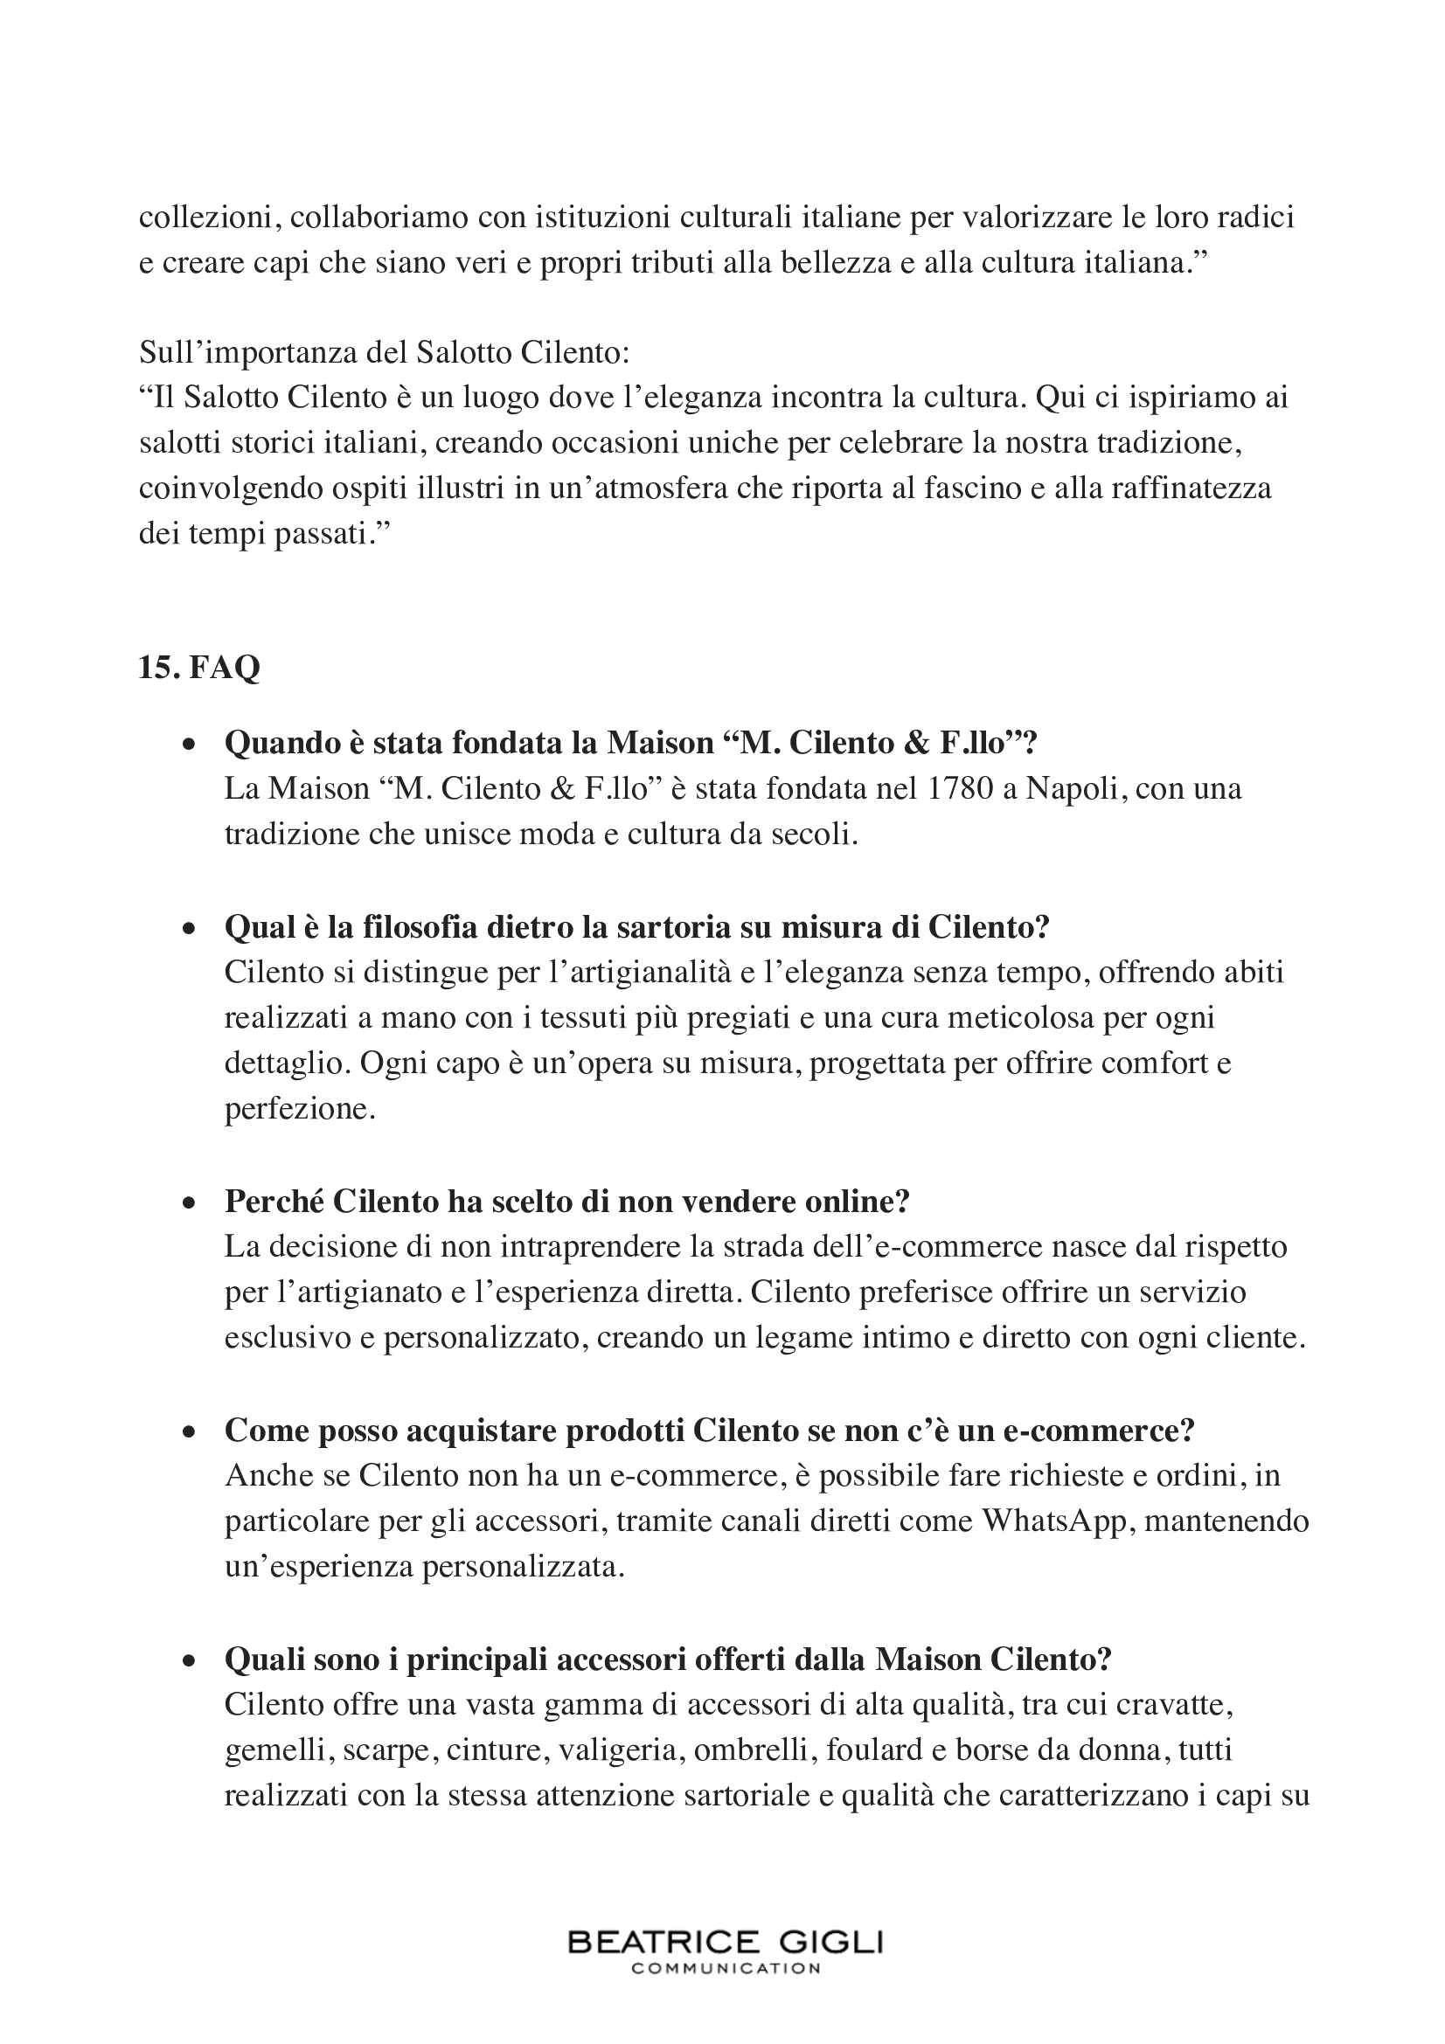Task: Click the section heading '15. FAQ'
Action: (198, 668)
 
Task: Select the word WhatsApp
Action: (1055, 1521)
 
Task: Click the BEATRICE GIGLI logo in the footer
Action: (725, 1942)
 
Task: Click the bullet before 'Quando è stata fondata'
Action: (188, 745)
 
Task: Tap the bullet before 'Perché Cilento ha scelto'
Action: (188, 1202)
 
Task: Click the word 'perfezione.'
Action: (300, 1109)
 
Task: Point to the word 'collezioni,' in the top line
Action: (210, 217)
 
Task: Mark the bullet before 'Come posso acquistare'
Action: (188, 1431)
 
